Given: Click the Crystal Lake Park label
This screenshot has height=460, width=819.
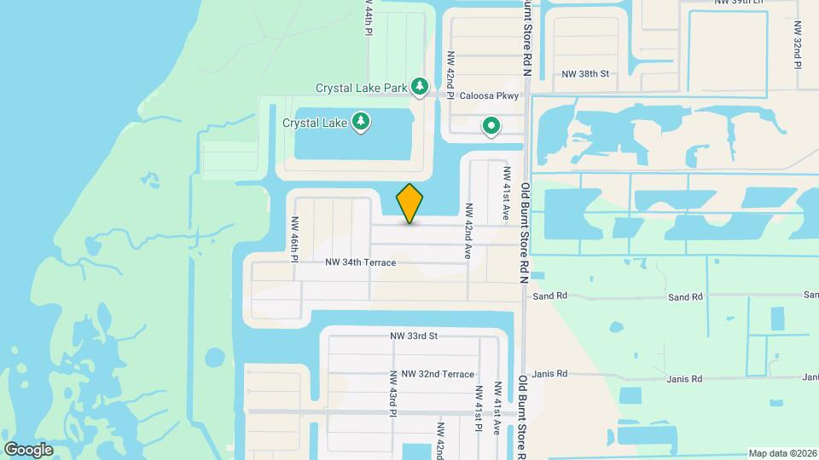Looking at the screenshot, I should (x=362, y=87).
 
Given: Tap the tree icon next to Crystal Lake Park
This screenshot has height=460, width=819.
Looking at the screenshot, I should (x=419, y=86).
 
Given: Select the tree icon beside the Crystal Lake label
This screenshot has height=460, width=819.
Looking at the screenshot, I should (x=362, y=122).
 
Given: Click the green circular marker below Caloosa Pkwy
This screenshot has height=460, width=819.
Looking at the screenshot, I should (x=491, y=127).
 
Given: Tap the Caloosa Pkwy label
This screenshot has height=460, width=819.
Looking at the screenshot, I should (x=490, y=96).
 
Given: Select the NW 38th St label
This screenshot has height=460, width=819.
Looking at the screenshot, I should (x=584, y=74).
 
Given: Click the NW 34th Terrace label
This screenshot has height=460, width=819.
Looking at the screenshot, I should (x=361, y=262).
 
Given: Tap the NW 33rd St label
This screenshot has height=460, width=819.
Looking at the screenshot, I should (x=414, y=336).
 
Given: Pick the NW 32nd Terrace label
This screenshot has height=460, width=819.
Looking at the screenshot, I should (x=438, y=374).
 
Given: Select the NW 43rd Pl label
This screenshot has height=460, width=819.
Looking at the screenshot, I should (x=393, y=394).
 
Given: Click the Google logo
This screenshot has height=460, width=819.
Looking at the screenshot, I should (x=28, y=449).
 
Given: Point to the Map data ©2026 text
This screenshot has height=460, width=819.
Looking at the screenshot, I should (x=782, y=453).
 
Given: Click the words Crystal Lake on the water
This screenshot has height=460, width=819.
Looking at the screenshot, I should (x=315, y=123).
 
